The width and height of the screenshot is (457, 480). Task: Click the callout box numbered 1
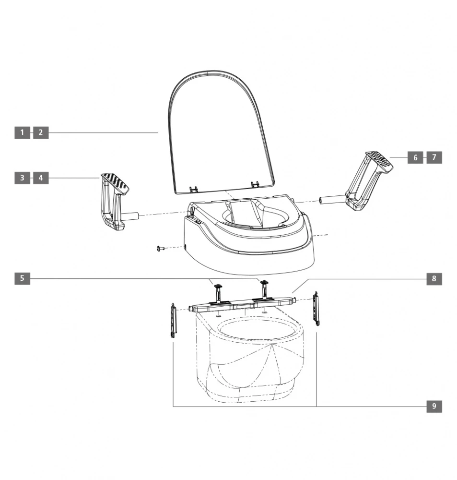point(22,132)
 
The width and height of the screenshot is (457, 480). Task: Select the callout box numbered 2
point(41,132)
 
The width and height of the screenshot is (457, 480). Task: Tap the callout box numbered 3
point(22,178)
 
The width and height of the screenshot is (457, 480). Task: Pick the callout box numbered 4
point(41,178)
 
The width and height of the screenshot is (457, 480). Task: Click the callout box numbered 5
point(22,278)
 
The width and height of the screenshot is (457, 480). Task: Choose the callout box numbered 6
point(415,157)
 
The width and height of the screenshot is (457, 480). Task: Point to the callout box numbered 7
point(434,157)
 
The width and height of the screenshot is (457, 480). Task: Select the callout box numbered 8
point(434,278)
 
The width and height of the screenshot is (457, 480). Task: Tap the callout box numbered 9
point(434,406)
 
